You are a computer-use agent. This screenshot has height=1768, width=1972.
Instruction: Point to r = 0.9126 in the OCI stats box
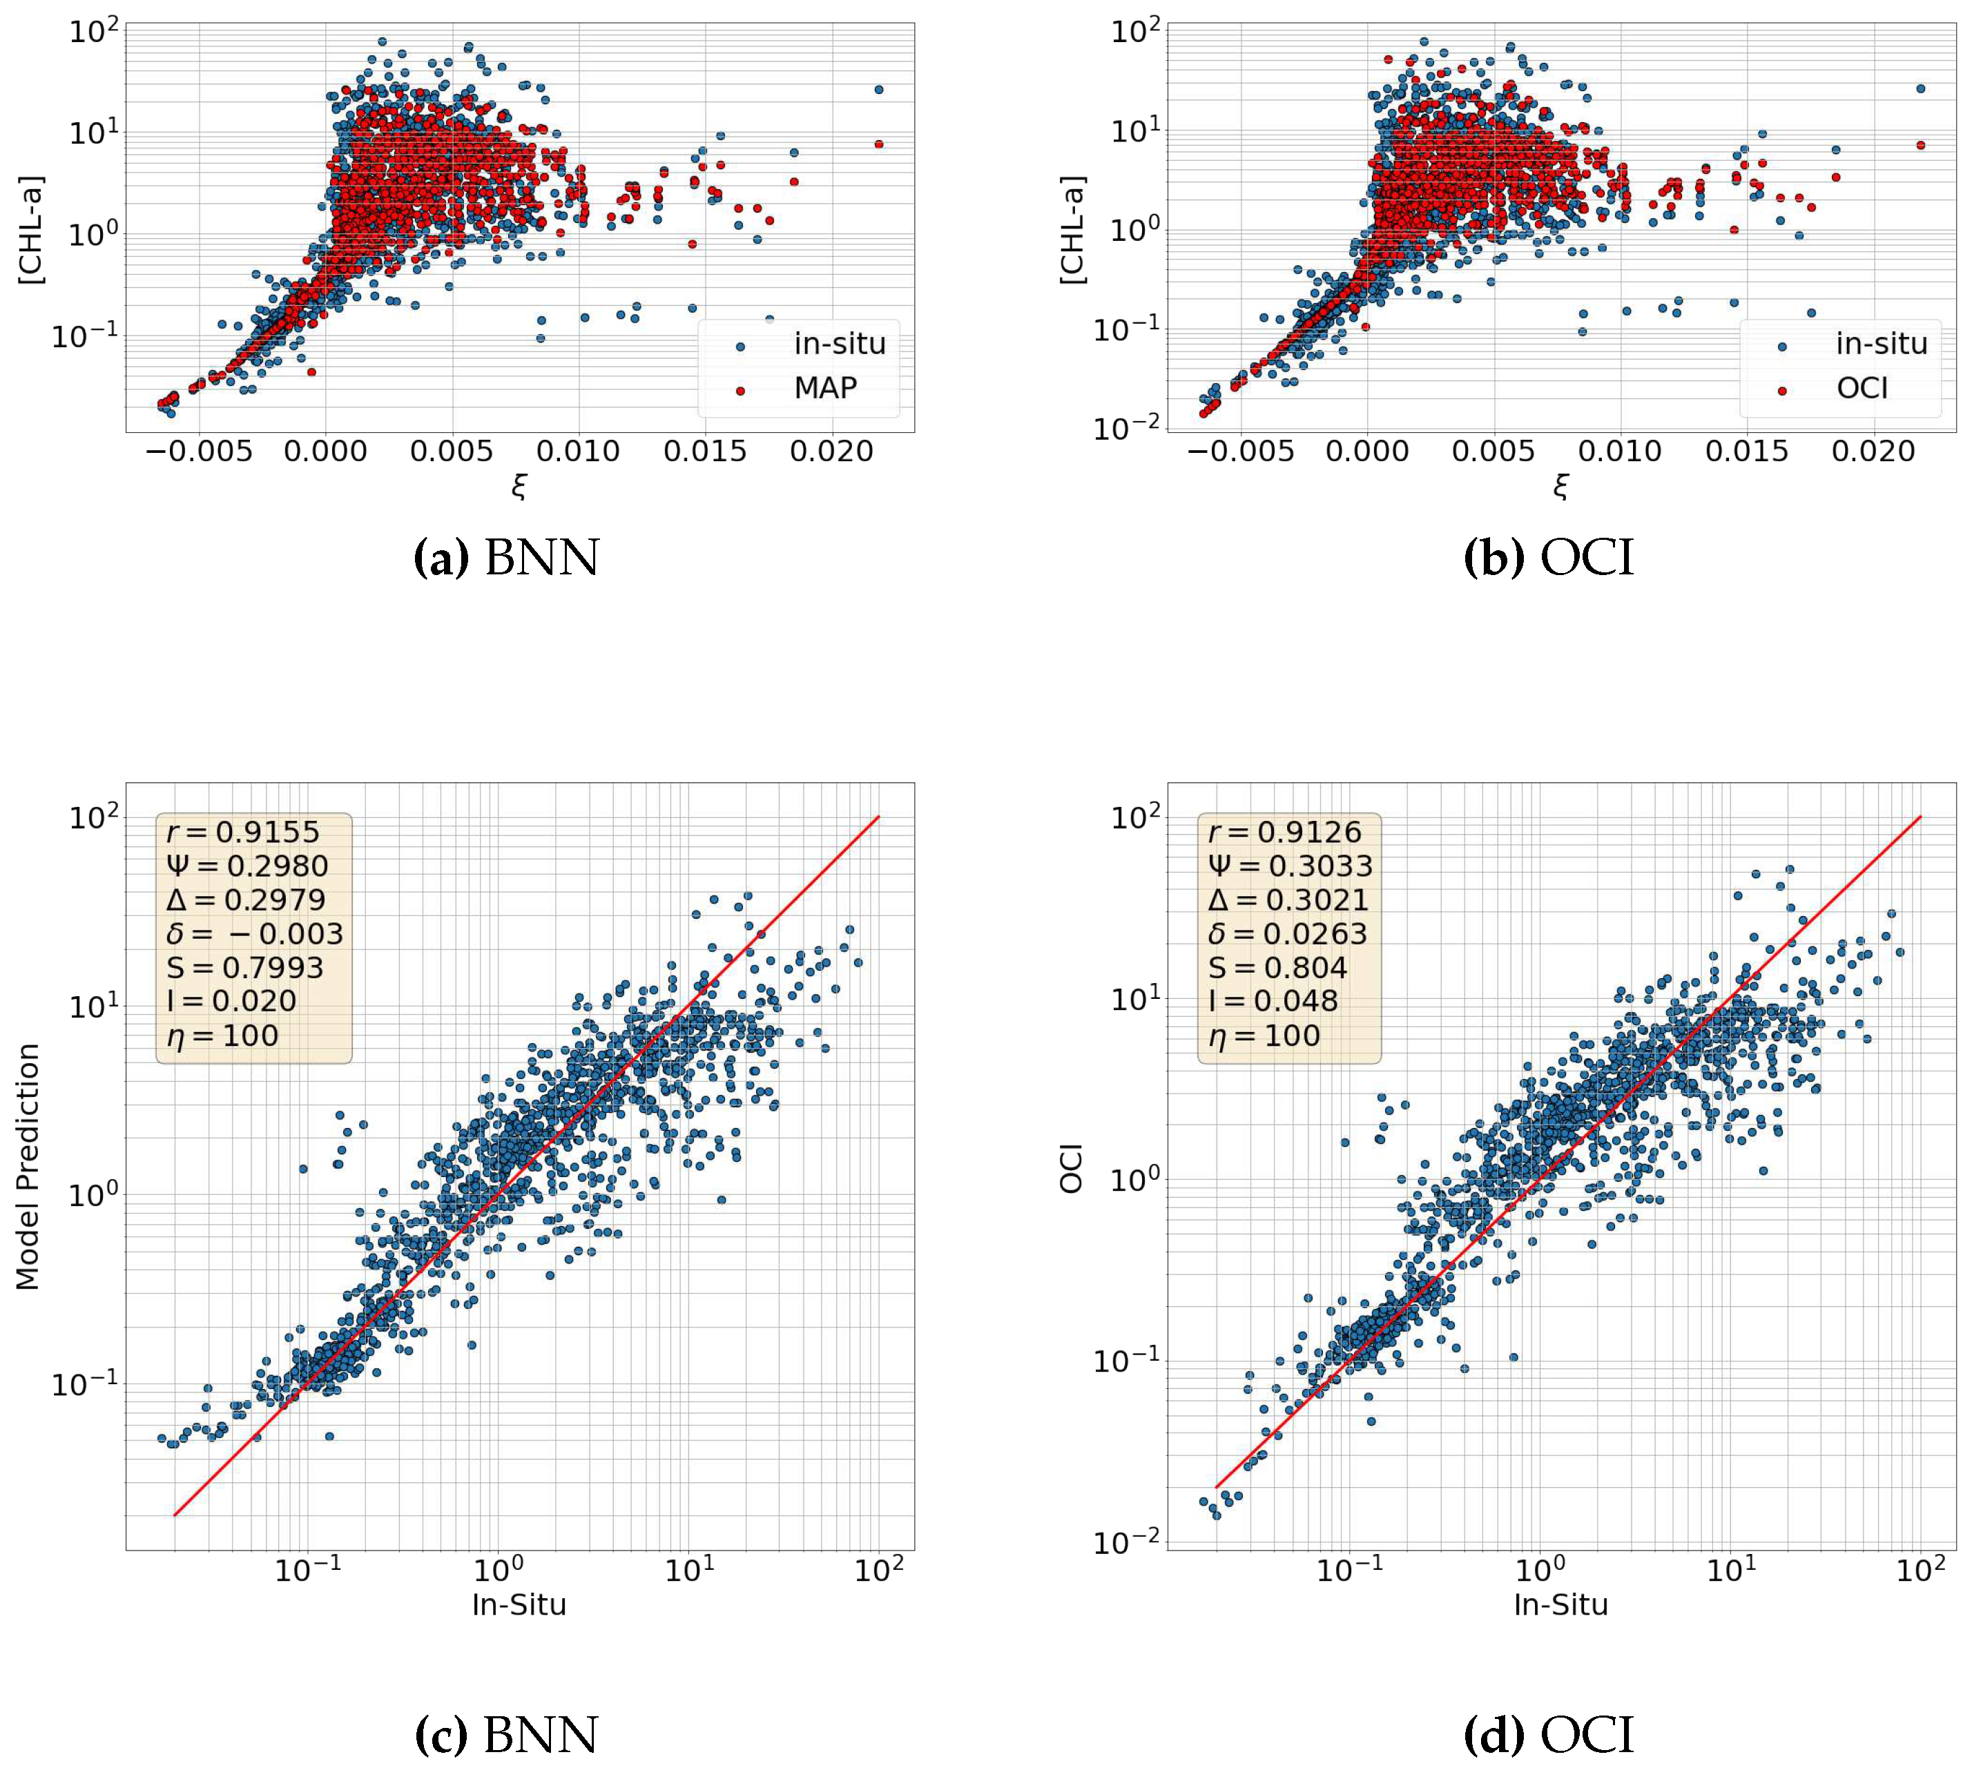pos(1284,832)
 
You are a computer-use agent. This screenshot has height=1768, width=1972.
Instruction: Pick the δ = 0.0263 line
pos(1287,933)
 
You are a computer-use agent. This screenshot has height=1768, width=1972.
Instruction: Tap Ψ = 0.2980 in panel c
pos(248,866)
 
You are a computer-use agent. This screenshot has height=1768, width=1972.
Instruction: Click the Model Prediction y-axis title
pos(27,1167)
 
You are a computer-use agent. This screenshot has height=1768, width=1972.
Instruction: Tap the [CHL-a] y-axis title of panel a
pos(31,230)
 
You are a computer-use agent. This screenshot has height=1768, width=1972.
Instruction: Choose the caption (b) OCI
pos(1549,558)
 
